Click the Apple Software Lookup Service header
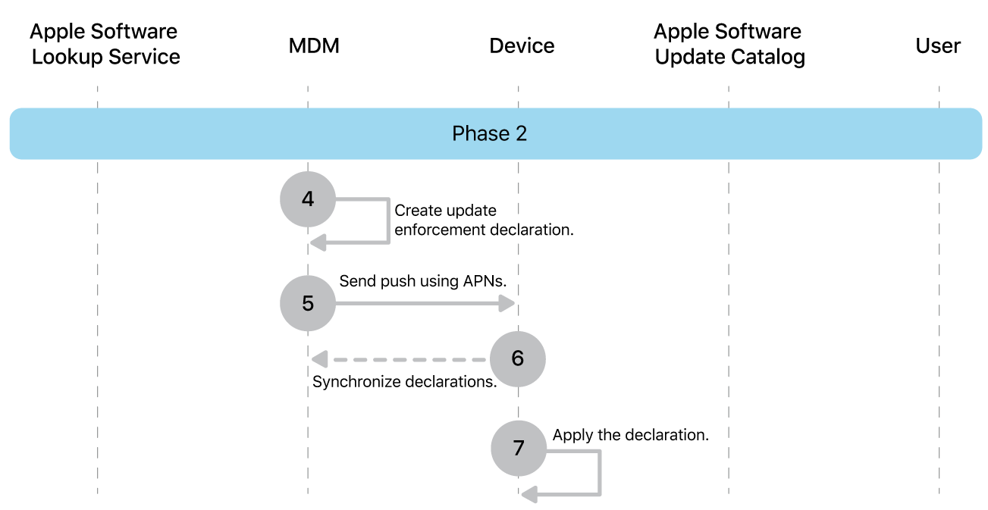(x=105, y=44)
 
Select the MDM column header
(x=314, y=46)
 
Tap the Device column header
(x=522, y=46)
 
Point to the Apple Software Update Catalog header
(x=729, y=44)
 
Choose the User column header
(x=938, y=46)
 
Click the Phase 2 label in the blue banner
(x=489, y=134)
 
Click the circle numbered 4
(x=308, y=199)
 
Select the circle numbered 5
(x=308, y=303)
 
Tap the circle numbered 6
(x=518, y=358)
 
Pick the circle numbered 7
(x=519, y=448)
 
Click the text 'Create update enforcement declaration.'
(x=483, y=220)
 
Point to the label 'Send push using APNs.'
(x=422, y=281)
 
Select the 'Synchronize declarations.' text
(x=404, y=382)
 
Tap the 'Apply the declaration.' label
(x=630, y=435)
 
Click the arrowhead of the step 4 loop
(x=318, y=242)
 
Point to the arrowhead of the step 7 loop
(x=529, y=494)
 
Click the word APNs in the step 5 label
(x=484, y=281)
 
